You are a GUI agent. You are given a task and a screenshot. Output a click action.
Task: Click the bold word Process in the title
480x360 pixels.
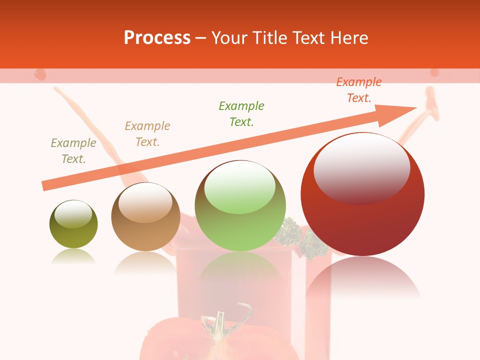(x=157, y=38)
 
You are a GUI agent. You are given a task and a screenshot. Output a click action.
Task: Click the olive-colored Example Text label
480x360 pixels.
(x=73, y=151)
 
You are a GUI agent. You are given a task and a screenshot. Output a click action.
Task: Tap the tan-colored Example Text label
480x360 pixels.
(x=147, y=134)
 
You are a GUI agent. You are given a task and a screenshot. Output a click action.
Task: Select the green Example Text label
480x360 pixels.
(x=241, y=114)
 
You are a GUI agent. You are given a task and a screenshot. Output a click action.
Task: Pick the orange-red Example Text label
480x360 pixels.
(x=359, y=90)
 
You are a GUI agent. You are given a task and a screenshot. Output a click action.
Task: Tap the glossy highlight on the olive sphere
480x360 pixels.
(x=73, y=214)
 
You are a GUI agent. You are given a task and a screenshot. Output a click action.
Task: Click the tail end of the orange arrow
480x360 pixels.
(x=46, y=185)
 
